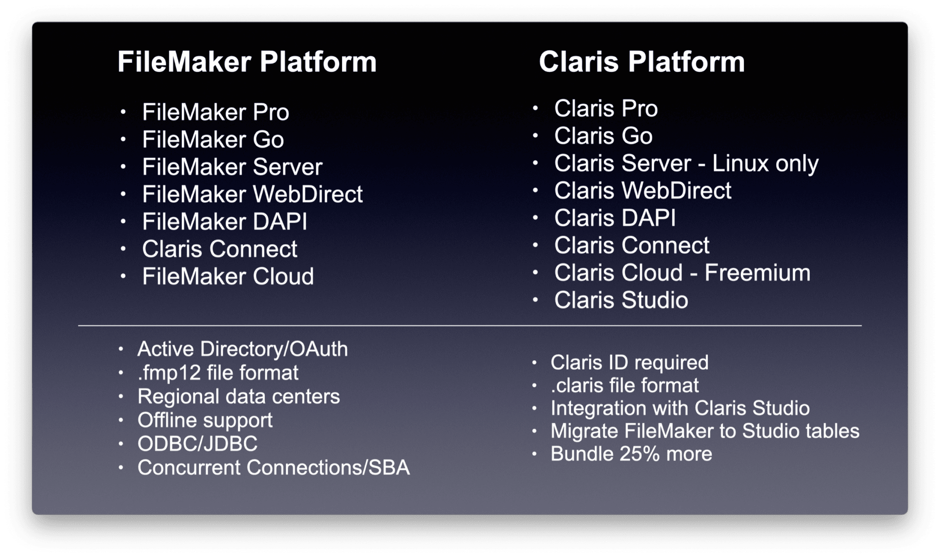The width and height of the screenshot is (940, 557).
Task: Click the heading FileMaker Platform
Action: [247, 62]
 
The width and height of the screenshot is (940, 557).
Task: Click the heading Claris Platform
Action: [641, 62]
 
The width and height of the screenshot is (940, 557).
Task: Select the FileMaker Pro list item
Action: [215, 112]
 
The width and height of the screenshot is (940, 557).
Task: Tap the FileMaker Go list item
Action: [213, 139]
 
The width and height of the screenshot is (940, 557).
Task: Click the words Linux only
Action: [765, 164]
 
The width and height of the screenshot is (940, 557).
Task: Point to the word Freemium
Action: [757, 273]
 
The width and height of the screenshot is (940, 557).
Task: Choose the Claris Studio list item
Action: [621, 301]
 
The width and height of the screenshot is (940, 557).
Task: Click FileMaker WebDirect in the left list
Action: [252, 194]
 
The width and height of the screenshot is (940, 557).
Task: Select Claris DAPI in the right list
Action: [615, 218]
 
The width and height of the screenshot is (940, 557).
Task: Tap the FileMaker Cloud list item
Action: [228, 277]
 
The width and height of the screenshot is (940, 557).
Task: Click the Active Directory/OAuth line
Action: [242, 349]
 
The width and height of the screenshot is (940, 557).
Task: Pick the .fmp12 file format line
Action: [218, 373]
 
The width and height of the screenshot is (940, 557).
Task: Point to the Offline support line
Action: [205, 420]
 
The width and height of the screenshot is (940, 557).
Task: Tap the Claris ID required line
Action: [629, 363]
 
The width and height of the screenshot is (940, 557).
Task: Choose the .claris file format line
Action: [624, 386]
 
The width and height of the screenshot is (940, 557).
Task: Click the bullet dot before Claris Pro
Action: [535, 109]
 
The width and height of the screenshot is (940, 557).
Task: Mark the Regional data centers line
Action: [239, 397]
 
